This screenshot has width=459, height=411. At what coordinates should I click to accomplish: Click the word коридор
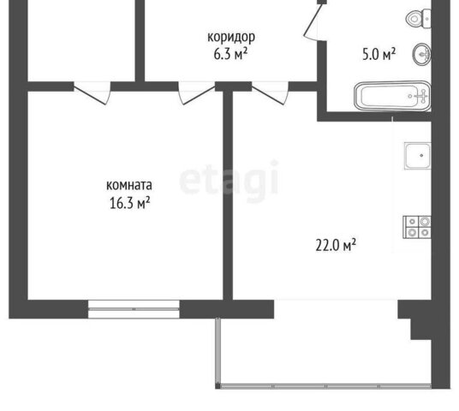pyautogui.click(x=231, y=38)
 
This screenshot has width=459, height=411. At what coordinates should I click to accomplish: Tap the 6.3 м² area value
pyautogui.click(x=230, y=54)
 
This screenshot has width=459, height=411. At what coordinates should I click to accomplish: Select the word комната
pyautogui.click(x=129, y=185)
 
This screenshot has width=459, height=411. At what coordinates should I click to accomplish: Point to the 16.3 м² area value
pyautogui.click(x=129, y=203)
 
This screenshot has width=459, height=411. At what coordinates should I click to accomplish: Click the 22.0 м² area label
pyautogui.click(x=336, y=245)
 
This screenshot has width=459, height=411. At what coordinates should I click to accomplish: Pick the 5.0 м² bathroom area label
pyautogui.click(x=379, y=54)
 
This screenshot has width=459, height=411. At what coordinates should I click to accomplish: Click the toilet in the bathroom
pyautogui.click(x=418, y=19)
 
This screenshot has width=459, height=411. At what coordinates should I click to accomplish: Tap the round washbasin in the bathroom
pyautogui.click(x=422, y=54)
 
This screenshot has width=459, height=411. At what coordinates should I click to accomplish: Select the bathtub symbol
pyautogui.click(x=392, y=96)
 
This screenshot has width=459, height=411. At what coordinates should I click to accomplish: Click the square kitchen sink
pyautogui.click(x=418, y=156)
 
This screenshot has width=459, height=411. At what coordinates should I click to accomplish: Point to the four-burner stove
pyautogui.click(x=417, y=227)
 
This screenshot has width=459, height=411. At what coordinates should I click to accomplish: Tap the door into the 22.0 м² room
pyautogui.click(x=271, y=93)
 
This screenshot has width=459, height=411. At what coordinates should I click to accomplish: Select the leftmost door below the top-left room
pyautogui.click(x=92, y=93)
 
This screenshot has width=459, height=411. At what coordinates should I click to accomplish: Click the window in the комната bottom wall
pyautogui.click(x=134, y=309)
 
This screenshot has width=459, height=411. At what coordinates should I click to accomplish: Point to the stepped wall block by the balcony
pyautogui.click(x=414, y=319)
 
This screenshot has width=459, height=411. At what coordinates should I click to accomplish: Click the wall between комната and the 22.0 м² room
pyautogui.click(x=228, y=195)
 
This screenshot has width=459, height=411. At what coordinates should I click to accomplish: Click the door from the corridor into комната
pyautogui.click(x=197, y=93)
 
